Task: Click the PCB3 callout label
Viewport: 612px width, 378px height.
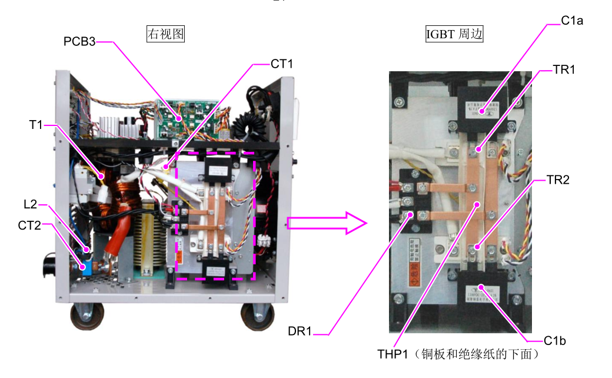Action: [x=79, y=42]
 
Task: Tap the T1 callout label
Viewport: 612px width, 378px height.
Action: [x=36, y=125]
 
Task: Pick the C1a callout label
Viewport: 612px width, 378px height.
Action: [x=572, y=21]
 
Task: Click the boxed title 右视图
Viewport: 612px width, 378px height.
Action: [x=165, y=35]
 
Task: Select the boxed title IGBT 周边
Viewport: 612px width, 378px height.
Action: [x=454, y=35]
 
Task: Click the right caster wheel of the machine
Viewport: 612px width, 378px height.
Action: [x=257, y=317]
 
